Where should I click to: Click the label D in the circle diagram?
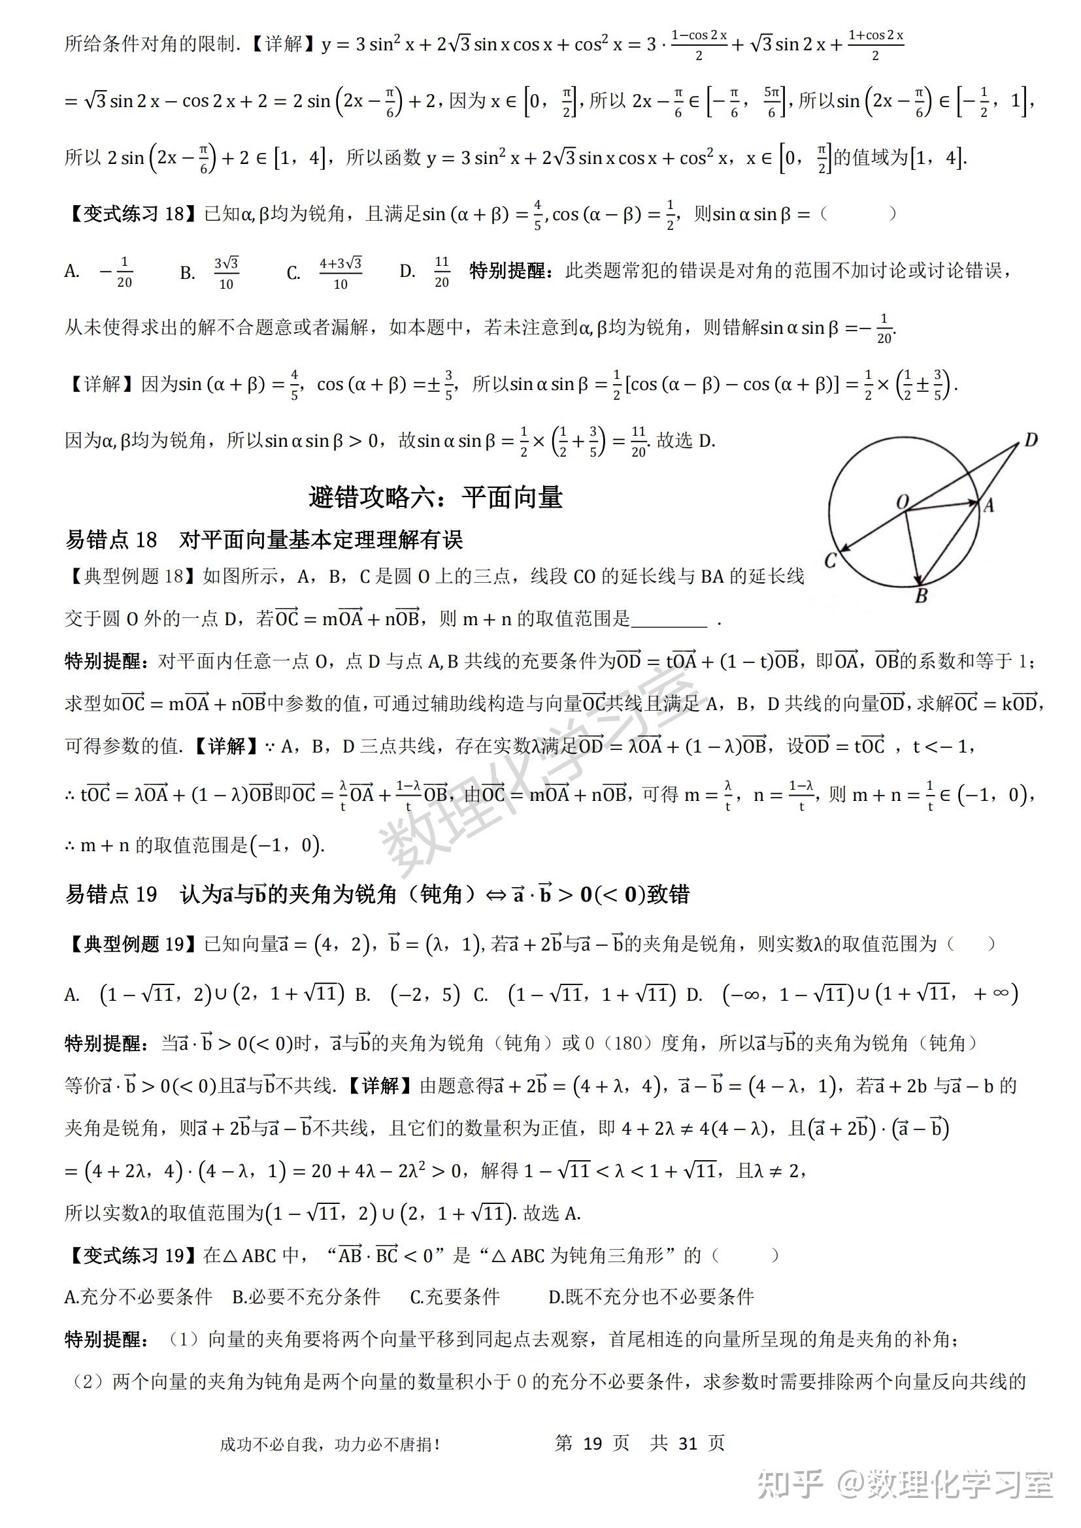[1031, 440]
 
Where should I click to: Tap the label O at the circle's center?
[903, 502]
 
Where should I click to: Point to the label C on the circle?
[830, 561]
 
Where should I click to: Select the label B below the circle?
[922, 596]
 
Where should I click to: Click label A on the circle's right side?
[989, 506]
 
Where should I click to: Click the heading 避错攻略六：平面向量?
[435, 497]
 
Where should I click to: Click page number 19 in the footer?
[592, 1443]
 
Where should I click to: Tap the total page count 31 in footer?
[688, 1443]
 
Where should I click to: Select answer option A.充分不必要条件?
[139, 1296]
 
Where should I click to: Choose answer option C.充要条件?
[455, 1296]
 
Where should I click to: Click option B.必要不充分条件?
[306, 1296]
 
